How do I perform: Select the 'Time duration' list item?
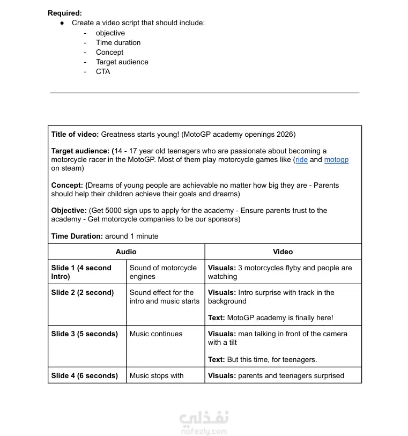click(x=118, y=42)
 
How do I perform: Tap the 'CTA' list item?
click(x=103, y=71)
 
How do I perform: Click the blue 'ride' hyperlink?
click(x=301, y=160)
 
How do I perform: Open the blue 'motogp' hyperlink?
click(x=336, y=160)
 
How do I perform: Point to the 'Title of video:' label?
click(x=75, y=134)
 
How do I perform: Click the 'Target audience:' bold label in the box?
click(x=80, y=151)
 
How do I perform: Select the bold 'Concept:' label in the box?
click(x=68, y=185)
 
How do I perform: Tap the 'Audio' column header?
click(x=126, y=252)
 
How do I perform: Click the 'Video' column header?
click(x=283, y=252)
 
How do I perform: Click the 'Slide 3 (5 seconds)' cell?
click(x=84, y=334)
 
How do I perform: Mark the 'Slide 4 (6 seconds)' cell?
click(x=84, y=375)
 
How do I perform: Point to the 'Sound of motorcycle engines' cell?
click(x=163, y=272)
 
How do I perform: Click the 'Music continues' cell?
click(x=155, y=334)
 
